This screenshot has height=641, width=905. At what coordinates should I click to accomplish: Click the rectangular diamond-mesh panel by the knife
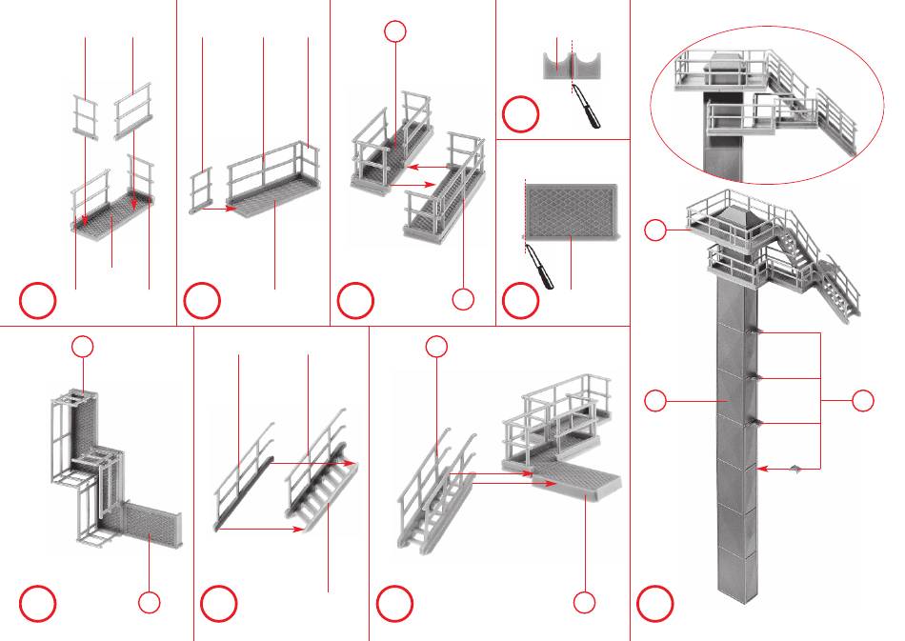tap(571, 212)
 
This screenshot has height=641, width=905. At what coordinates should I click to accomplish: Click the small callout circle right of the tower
tap(863, 401)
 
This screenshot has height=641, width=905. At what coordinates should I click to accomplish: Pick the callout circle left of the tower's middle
tap(654, 402)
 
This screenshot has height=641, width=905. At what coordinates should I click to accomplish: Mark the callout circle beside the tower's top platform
tap(654, 230)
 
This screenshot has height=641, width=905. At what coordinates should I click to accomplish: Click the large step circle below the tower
tap(656, 604)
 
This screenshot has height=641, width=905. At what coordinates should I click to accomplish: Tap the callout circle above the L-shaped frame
tap(84, 347)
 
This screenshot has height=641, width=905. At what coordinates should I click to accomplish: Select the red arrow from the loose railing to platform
tap(218, 207)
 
